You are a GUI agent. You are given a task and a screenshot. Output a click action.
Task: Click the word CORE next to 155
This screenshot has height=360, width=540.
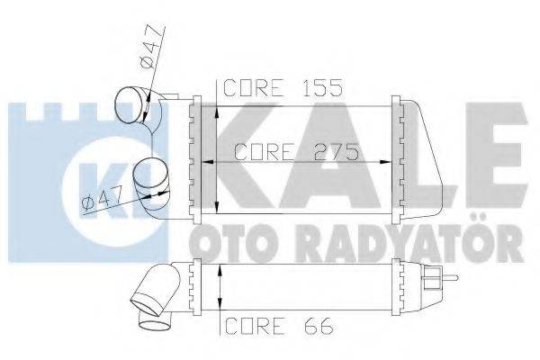[256, 88]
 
